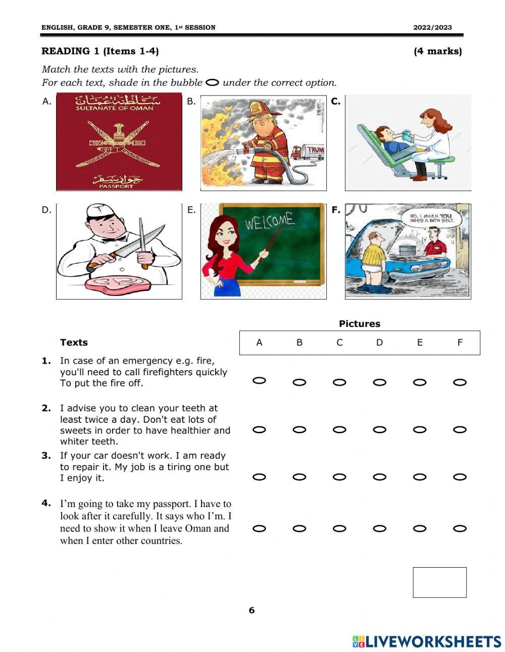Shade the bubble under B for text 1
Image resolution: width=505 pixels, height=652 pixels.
pyautogui.click(x=299, y=382)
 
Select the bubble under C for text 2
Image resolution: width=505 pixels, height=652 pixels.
pyautogui.click(x=339, y=430)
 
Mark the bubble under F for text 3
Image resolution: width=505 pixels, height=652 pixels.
pyautogui.click(x=460, y=477)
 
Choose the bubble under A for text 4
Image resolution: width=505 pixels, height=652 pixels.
pyautogui.click(x=259, y=529)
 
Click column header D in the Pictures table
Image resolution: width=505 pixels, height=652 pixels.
pyautogui.click(x=379, y=342)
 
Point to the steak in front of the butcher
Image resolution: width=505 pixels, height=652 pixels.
pyautogui.click(x=118, y=283)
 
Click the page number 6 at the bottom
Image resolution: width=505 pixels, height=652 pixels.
pyautogui.click(x=251, y=610)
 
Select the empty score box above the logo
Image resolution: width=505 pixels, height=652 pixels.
pyautogui.click(x=439, y=582)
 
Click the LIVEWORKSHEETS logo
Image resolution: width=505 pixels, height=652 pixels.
pyautogui.click(x=427, y=641)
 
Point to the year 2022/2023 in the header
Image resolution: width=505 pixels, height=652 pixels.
pyautogui.click(x=432, y=28)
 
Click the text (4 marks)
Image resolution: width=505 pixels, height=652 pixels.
pyautogui.click(x=437, y=51)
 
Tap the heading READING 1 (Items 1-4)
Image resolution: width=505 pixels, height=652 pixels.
pyautogui.click(x=100, y=51)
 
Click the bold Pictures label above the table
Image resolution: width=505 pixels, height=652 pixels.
pyautogui.click(x=360, y=324)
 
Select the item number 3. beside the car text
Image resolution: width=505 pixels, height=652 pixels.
pyautogui.click(x=46, y=456)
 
